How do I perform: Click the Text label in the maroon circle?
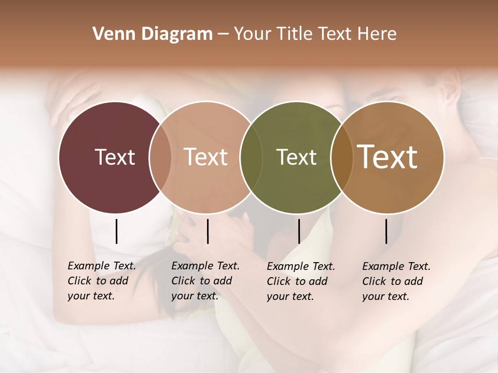(115, 157)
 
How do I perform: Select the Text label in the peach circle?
(206, 157)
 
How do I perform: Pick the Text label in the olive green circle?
(296, 157)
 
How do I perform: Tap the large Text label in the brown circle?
(388, 157)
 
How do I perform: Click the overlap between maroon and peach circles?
(160, 157)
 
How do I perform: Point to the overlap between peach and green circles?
(250, 157)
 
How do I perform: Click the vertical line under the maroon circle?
(116, 231)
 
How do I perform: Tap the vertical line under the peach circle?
(208, 231)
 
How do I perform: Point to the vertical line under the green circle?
(299, 231)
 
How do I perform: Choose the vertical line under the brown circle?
(386, 231)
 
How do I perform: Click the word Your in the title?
(252, 34)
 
